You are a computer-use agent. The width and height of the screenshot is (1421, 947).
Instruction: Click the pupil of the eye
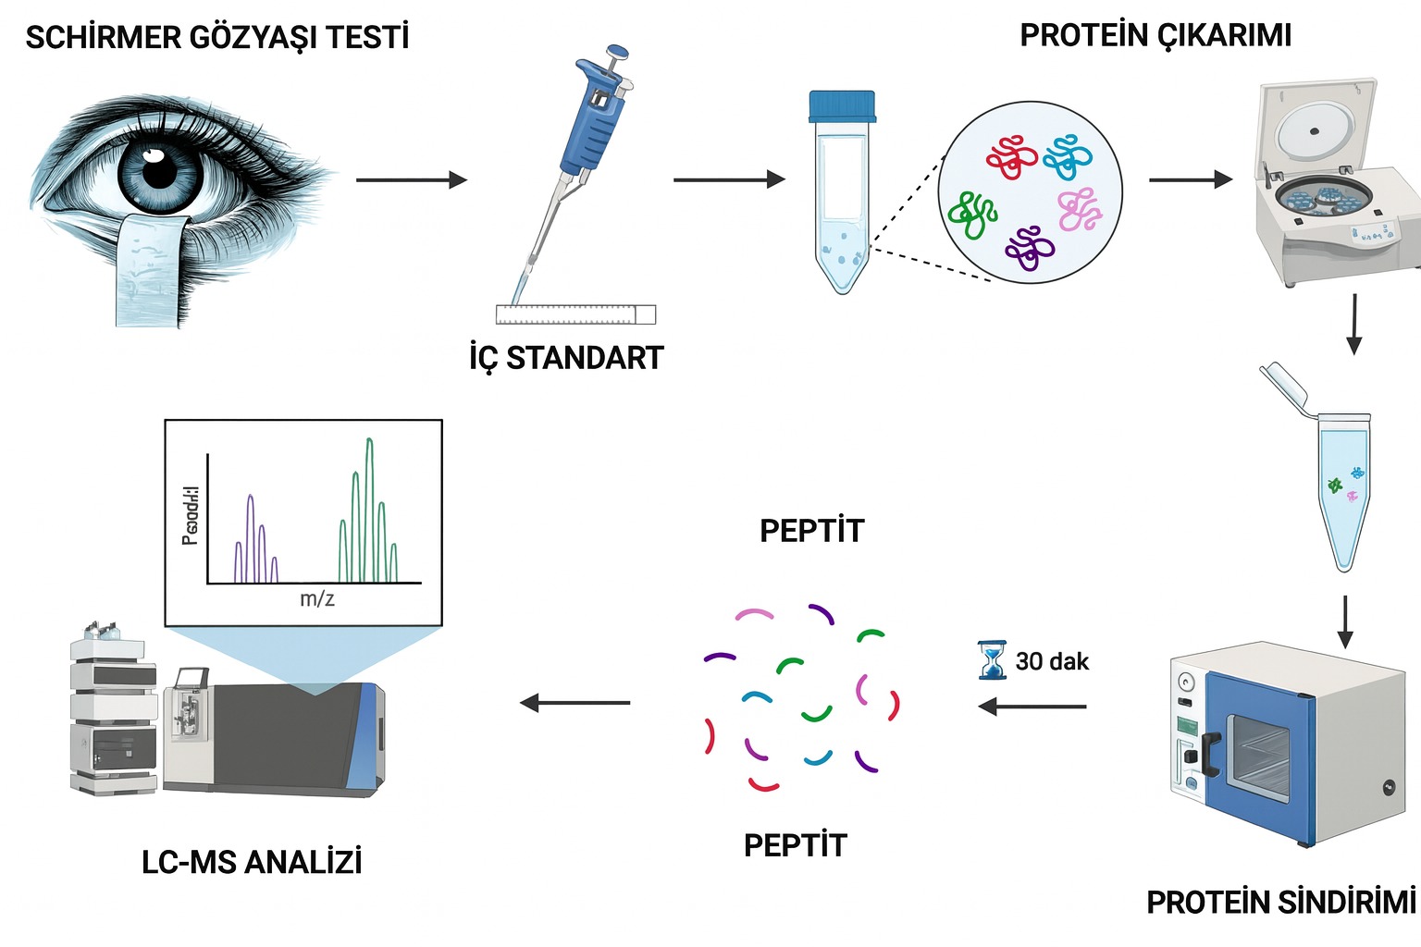pos(159,170)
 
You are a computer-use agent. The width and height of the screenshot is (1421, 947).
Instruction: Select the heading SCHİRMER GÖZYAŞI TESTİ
pos(217,38)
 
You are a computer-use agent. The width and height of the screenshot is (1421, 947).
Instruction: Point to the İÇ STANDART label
pos(566,358)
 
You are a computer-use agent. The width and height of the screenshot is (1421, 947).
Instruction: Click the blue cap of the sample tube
pos(841,106)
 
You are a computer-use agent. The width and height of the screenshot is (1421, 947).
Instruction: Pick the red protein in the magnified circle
pos(1011,157)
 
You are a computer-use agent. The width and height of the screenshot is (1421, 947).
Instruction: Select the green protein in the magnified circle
pos(971,214)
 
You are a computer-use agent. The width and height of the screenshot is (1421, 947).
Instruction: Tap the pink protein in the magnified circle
pos(1079,210)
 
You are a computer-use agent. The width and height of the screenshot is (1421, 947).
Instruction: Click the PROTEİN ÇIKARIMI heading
pos(1155,35)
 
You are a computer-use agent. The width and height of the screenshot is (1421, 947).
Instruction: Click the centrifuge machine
pos(1332,185)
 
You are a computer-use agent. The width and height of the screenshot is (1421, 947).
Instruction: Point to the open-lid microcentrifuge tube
pos(1341,481)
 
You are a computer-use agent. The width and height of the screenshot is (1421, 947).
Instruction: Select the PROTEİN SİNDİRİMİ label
pos(1280,902)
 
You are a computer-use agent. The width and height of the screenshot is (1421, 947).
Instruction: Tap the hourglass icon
pos(993,660)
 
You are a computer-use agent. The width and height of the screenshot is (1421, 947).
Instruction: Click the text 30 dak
pos(1052,661)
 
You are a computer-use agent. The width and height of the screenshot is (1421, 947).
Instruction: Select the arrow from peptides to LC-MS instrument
pos(575,703)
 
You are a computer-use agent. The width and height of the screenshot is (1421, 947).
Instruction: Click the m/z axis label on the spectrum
pos(317,599)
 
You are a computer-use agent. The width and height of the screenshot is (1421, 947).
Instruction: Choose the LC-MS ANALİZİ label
pos(252,862)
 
